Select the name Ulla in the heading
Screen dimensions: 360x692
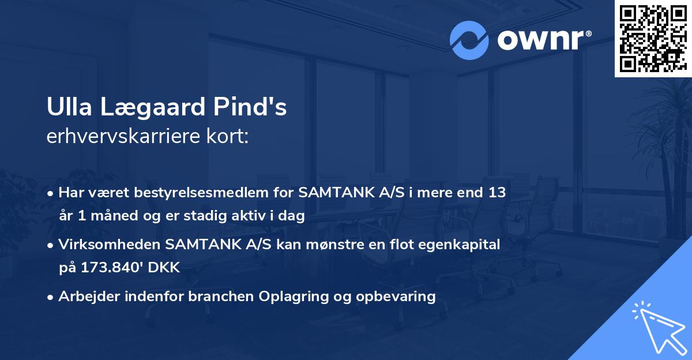pos(68,108)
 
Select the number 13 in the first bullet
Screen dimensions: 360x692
pos(496,193)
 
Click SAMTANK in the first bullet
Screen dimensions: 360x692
pos(332,193)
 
